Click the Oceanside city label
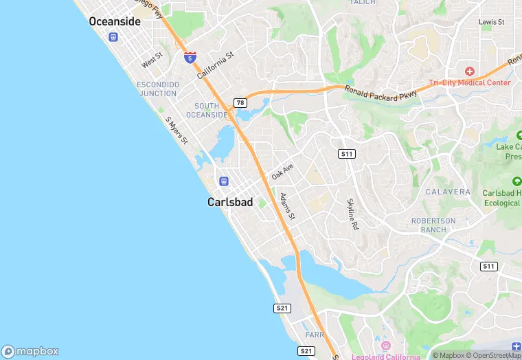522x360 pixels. point(115,22)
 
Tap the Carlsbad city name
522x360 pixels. point(230,203)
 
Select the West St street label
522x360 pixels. point(152,60)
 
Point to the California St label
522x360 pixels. point(216,65)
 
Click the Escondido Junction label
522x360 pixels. point(158,89)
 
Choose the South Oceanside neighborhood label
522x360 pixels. point(210,111)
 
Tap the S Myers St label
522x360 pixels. point(177,129)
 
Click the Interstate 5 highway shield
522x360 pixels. point(190,58)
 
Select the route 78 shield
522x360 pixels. point(240,103)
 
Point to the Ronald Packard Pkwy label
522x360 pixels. point(381,94)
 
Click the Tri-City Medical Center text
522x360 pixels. point(470,82)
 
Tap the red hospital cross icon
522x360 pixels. point(470,71)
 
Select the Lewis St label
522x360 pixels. point(491,22)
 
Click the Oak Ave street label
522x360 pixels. point(282,172)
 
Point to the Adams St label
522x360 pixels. point(287,206)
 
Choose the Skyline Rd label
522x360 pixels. point(353,214)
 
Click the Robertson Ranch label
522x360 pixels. point(433,225)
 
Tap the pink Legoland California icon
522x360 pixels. point(386,346)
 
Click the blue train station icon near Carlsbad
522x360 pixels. point(223,181)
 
